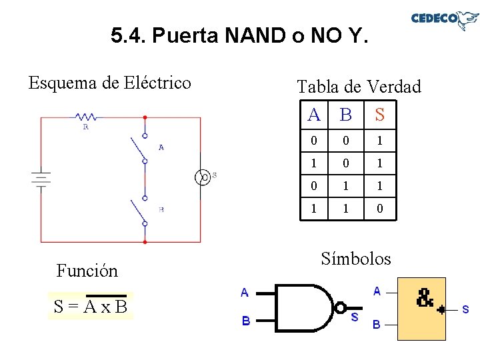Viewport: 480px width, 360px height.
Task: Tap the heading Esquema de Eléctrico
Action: point(109,83)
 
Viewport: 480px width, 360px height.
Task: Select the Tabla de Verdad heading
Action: point(359,87)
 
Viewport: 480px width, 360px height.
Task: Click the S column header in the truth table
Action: point(379,115)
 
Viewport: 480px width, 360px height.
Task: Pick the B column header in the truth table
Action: point(345,115)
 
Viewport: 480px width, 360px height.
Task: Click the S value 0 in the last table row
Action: point(379,209)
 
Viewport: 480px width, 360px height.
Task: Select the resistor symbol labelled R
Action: point(85,118)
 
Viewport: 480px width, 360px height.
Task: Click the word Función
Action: point(87,270)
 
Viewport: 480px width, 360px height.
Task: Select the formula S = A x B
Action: point(91,307)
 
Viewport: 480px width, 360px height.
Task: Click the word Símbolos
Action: point(356,258)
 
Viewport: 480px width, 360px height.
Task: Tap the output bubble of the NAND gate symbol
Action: point(340,308)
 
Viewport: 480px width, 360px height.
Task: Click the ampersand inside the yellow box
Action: point(425,298)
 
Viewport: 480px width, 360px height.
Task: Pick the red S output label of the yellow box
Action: point(465,309)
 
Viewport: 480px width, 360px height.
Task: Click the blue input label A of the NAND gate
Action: point(245,292)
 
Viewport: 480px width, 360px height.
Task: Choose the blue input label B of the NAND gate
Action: point(245,321)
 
